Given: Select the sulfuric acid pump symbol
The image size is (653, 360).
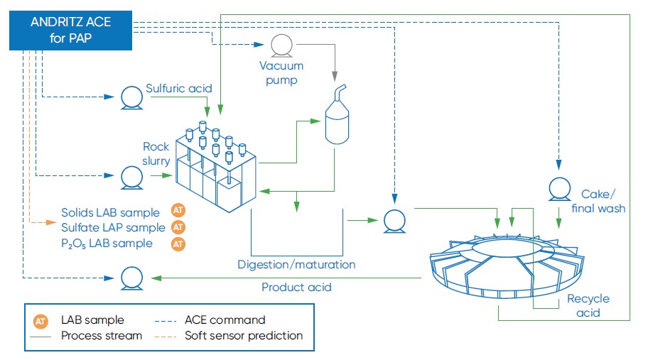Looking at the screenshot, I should [x=131, y=97].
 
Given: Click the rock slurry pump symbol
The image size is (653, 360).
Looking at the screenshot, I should [x=131, y=176].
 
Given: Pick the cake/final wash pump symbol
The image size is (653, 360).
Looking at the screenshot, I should [x=559, y=189].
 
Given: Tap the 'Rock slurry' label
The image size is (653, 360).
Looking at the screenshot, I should [x=156, y=154].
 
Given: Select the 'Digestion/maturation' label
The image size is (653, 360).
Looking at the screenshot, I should [x=296, y=264].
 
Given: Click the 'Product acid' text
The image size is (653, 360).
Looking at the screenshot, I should [x=296, y=288].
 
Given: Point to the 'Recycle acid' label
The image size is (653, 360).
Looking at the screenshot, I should [x=588, y=306].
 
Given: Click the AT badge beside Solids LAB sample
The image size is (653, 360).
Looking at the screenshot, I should [x=179, y=211].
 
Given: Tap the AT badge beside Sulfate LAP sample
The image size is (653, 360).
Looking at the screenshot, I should [x=179, y=227].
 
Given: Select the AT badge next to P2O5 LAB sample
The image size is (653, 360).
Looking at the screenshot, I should [x=179, y=244].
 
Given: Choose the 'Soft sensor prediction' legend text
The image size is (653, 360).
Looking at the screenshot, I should [x=244, y=335].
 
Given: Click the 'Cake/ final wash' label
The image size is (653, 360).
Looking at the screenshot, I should [x=603, y=201].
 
